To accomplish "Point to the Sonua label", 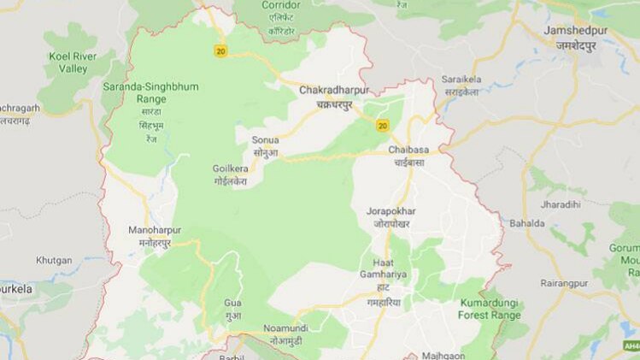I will [x=265, y=139].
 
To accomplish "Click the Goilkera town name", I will [x=230, y=168].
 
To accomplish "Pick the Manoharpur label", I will [x=155, y=231].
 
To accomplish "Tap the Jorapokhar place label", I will [x=391, y=210].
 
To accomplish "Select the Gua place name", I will [x=232, y=303].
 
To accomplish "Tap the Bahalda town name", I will [x=527, y=224].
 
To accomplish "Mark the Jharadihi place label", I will [x=560, y=205].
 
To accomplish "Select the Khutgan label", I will [x=54, y=260].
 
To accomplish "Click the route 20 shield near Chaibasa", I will [x=382, y=126].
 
